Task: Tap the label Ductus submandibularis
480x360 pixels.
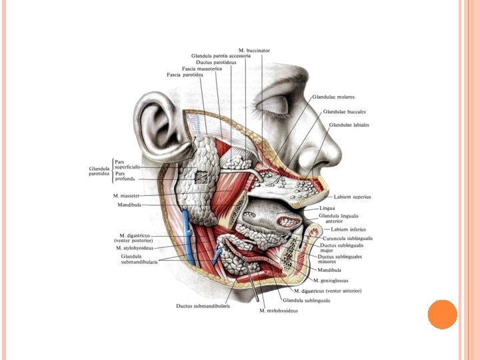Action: click(203, 306)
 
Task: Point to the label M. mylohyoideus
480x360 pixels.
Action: click(279, 311)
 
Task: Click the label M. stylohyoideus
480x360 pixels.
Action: click(135, 248)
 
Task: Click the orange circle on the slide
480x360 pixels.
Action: click(443, 314)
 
